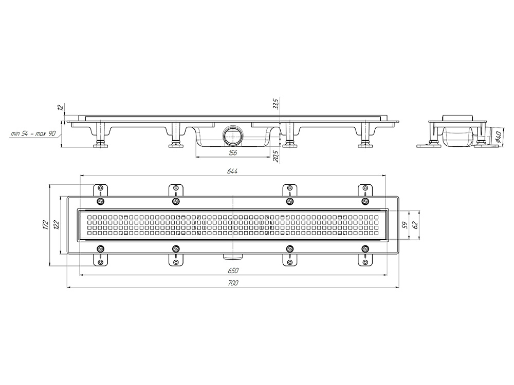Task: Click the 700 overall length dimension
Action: click(x=232, y=283)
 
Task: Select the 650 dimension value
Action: click(x=232, y=271)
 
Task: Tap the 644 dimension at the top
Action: click(x=232, y=171)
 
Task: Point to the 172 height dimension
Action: click(x=46, y=225)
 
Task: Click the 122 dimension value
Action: click(x=57, y=225)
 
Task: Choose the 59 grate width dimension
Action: click(x=405, y=225)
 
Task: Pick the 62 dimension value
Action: click(x=415, y=225)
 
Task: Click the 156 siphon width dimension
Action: click(x=232, y=152)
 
